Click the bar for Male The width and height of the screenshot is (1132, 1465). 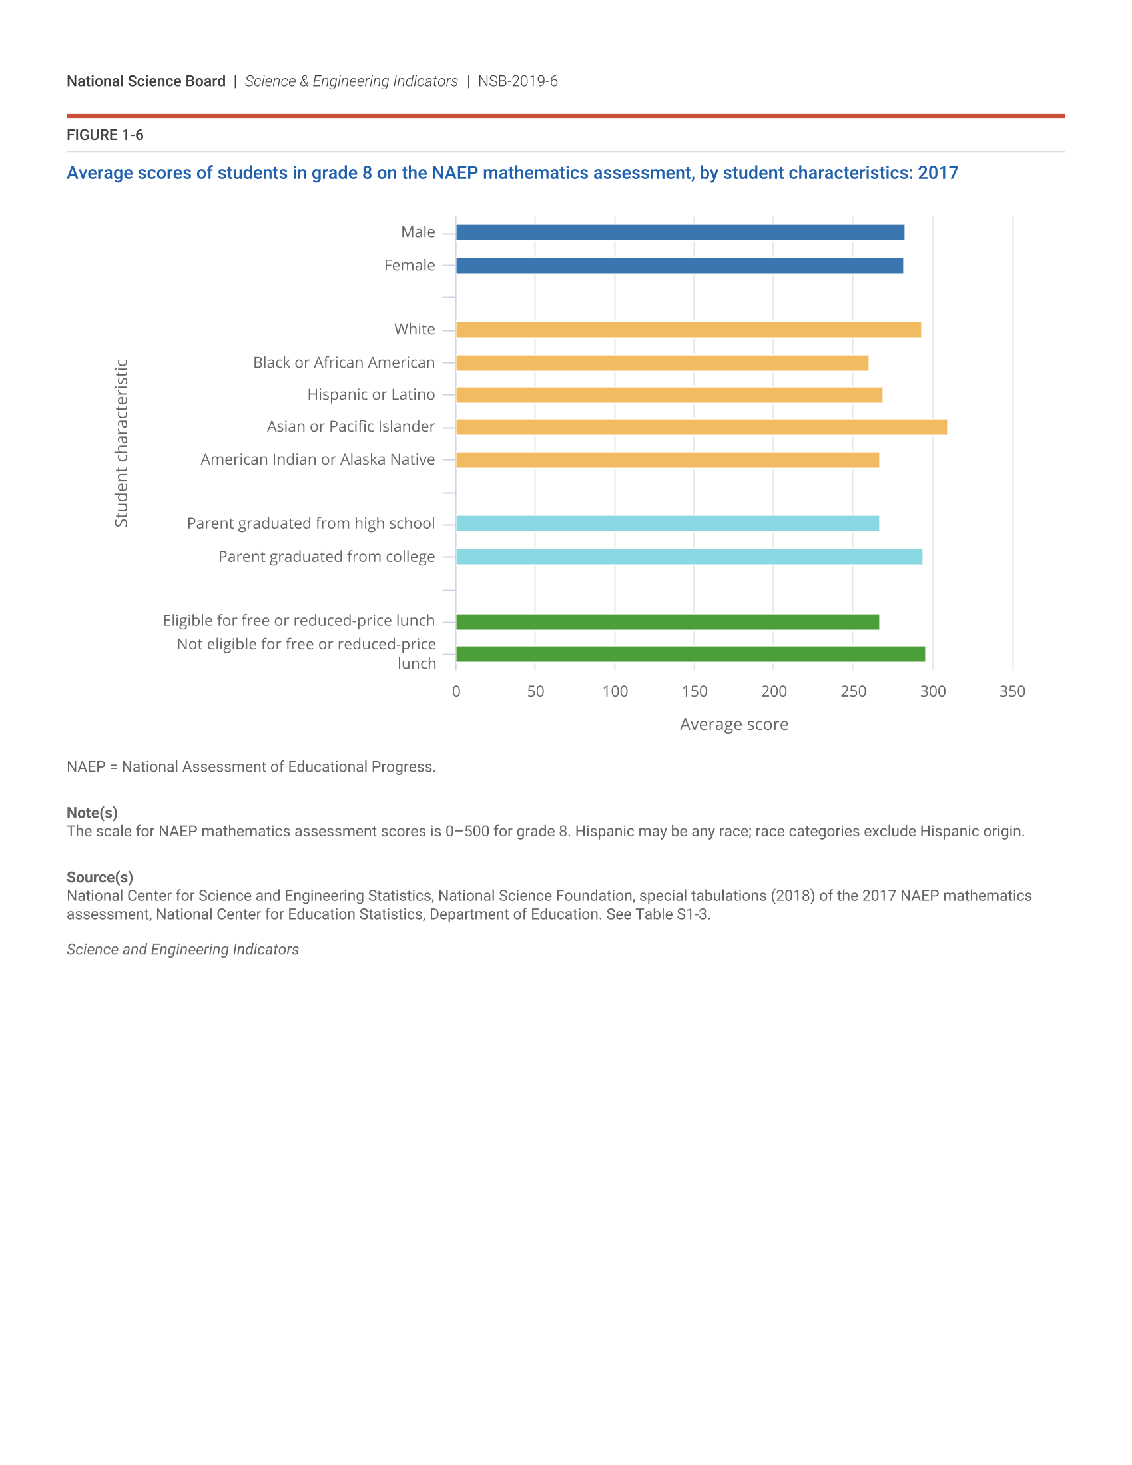point(680,233)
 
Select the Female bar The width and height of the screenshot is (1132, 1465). point(679,266)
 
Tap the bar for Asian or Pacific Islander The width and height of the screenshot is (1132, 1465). point(701,427)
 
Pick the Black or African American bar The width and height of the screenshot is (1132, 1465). point(662,363)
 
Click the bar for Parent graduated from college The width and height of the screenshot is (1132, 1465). point(689,557)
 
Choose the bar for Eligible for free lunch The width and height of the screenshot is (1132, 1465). point(667,622)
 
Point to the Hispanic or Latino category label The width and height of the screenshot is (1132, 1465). point(371,394)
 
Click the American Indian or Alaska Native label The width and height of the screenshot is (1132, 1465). point(318,459)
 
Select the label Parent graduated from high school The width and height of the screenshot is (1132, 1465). point(311,523)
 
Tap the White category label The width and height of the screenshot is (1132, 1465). point(414,330)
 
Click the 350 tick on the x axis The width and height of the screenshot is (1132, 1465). point(1012,691)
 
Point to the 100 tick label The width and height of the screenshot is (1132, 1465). point(615,691)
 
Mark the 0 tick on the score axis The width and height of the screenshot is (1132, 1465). point(456,691)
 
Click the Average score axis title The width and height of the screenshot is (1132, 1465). point(734,725)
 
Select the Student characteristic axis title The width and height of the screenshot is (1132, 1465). point(121,443)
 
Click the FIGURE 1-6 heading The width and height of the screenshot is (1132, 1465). point(105,135)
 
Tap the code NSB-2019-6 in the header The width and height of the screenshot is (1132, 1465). point(517,81)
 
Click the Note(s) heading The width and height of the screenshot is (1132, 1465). point(92,813)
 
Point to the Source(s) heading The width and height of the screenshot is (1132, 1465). point(100,878)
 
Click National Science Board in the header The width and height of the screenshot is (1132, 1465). point(146,81)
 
